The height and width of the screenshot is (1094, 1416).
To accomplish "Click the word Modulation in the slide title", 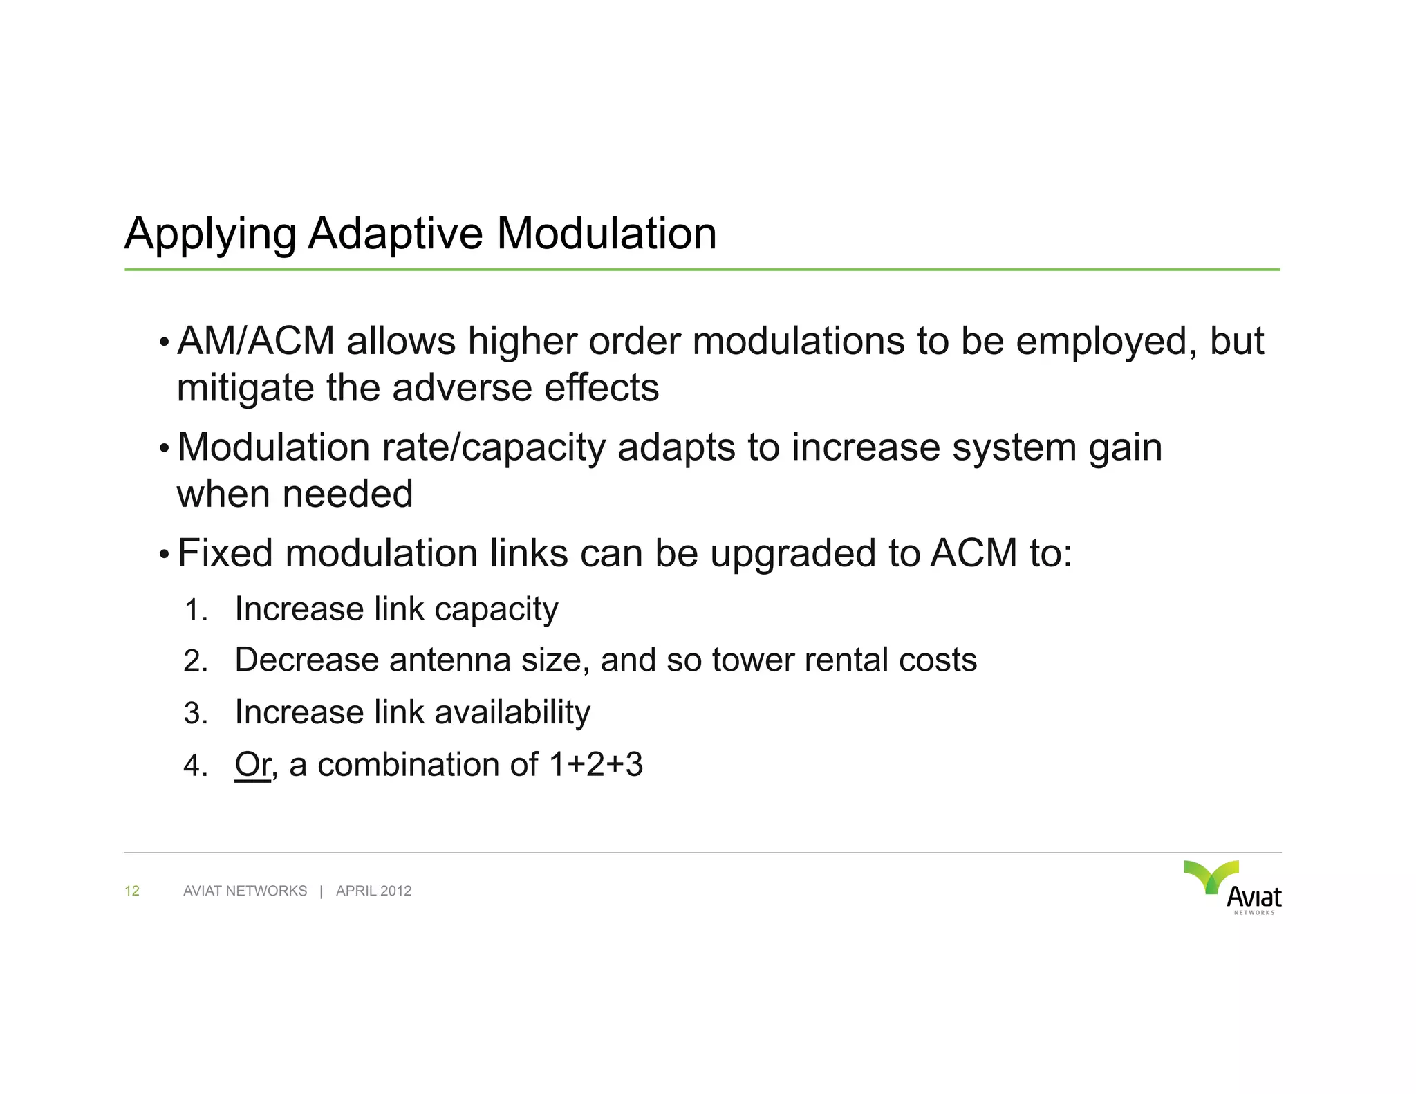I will pos(606,234).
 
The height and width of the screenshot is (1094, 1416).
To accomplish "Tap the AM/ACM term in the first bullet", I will pos(256,342).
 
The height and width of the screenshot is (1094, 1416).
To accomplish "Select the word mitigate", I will pos(245,388).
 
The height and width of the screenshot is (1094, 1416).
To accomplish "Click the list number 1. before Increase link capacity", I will pos(196,611).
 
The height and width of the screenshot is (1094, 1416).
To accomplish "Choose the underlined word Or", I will pos(252,765).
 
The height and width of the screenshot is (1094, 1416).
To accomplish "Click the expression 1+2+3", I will pos(595,765).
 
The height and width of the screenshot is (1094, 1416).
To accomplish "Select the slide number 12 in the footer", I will pos(132,891).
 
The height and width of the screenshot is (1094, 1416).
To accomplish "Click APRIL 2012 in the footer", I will pos(373,891).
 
